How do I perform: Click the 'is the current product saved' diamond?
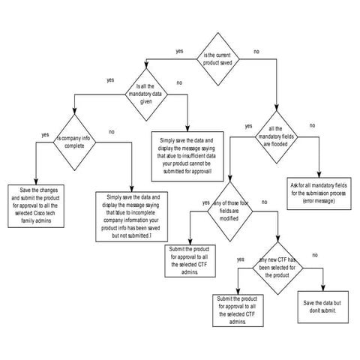[217, 55]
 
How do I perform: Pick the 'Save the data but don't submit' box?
[324, 306]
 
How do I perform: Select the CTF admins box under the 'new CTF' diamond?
[238, 309]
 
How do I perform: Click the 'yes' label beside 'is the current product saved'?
[180, 51]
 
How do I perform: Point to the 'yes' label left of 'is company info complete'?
[45, 135]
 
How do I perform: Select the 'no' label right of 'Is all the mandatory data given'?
[179, 82]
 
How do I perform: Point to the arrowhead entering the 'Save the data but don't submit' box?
[323, 291]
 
